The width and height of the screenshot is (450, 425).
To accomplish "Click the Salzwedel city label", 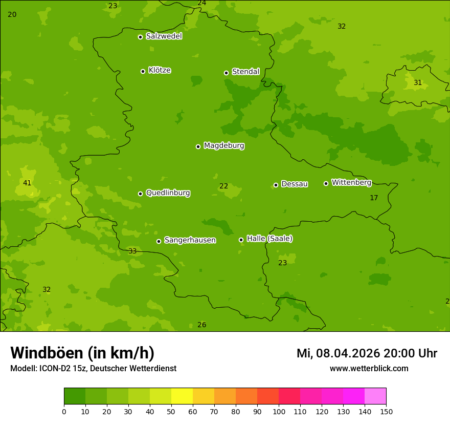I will pos(164,36).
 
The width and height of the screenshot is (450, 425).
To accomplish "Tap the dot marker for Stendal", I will pos(226,73).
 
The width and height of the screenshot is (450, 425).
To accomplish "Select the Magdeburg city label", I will pos(224,146).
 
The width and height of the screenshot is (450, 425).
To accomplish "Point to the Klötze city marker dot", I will pos(143,71).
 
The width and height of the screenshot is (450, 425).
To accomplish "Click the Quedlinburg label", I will pos(168,193).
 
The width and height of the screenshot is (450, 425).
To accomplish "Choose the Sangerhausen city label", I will pos(190,240).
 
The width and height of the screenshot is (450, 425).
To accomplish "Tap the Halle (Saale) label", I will pos(269,239).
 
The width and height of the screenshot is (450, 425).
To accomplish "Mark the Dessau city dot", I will pos(276,185).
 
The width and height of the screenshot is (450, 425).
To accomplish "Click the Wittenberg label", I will pos(351,182).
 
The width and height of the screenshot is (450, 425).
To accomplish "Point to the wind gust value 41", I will pos(27,183).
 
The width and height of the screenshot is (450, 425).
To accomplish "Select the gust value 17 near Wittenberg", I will pos(374,198).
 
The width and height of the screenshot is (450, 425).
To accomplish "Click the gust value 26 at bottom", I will pos(202,325).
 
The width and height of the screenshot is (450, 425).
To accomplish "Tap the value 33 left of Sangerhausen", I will pos(132,251).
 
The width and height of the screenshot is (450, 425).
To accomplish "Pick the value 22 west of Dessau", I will pos(223,186).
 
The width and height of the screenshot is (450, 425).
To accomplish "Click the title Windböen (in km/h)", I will pos(82,353).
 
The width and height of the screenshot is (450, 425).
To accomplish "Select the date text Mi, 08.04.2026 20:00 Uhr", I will pos(367,353).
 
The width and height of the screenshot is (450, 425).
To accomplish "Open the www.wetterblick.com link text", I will pos(369,369).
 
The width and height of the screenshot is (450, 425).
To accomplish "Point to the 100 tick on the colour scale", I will pos(279,411).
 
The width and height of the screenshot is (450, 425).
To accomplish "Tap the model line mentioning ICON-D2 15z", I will pos(93,369).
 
